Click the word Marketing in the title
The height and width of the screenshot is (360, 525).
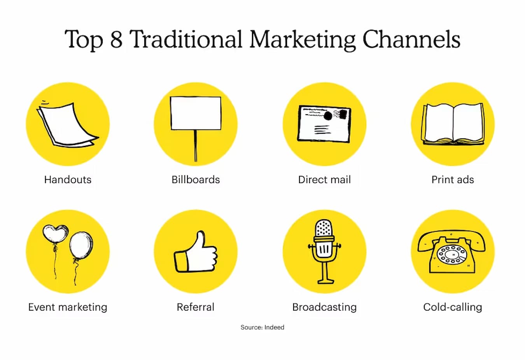[303, 40]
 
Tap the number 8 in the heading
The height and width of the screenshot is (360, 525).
[116, 39]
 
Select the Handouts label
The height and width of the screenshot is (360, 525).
[68, 180]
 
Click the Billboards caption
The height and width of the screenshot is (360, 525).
[196, 180]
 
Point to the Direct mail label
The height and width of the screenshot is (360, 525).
[324, 180]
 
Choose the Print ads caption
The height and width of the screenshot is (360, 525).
[453, 180]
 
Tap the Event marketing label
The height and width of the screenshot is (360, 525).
[68, 307]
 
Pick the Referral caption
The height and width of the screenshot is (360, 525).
[196, 307]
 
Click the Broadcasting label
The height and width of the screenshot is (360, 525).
[324, 307]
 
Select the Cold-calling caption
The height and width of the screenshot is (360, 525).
[453, 307]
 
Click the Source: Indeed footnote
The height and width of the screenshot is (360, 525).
[262, 327]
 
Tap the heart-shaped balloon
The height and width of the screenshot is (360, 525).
[55, 233]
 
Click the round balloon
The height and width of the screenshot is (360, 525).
[81, 245]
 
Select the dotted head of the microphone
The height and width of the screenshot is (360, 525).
[324, 228]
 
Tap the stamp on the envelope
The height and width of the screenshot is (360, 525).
[343, 114]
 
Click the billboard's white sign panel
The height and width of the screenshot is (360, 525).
[196, 113]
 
